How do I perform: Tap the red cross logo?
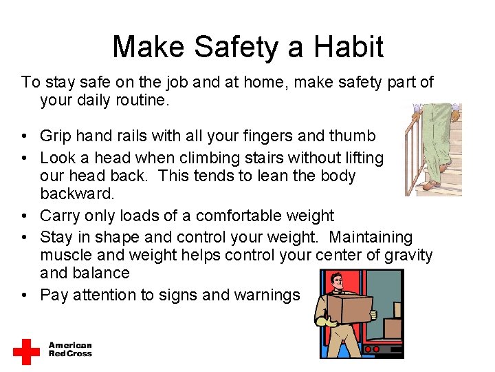tap(26, 351)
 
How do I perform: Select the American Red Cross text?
tap(69, 349)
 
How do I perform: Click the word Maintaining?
tap(371, 238)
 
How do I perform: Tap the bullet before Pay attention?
tap(25, 296)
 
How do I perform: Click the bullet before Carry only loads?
tap(25, 216)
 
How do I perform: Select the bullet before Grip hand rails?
tap(25, 136)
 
